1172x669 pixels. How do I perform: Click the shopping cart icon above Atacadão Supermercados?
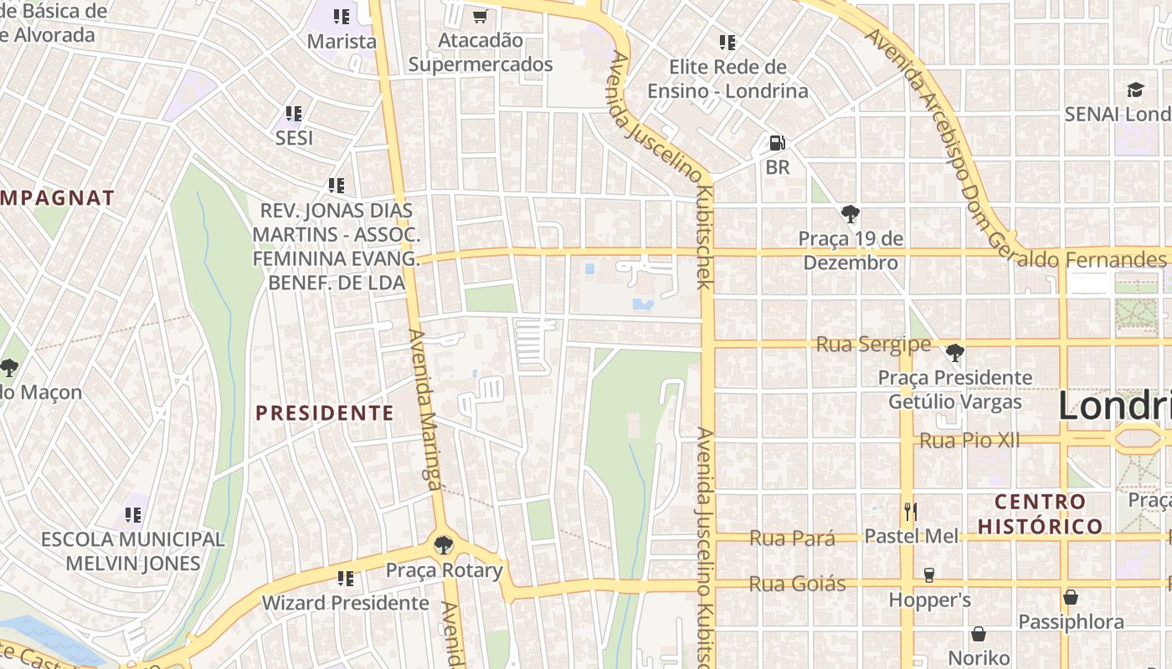(x=480, y=16)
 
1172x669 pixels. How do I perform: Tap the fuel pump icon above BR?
(x=777, y=143)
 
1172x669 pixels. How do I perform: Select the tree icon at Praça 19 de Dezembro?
(x=851, y=214)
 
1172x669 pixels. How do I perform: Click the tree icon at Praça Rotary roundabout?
(x=444, y=546)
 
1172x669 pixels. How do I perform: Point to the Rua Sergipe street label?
(x=873, y=345)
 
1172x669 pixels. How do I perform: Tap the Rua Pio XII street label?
(x=969, y=440)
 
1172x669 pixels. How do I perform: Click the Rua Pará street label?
(x=792, y=538)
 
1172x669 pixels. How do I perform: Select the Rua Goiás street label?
(x=797, y=584)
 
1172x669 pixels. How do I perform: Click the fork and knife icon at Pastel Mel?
(x=911, y=511)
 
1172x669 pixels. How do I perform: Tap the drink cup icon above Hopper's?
(x=928, y=575)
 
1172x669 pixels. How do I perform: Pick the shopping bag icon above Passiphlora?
(x=1070, y=597)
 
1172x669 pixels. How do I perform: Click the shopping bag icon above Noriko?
(x=978, y=634)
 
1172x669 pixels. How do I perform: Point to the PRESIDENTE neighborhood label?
(x=324, y=412)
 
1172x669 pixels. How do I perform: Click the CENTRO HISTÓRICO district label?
(x=1041, y=513)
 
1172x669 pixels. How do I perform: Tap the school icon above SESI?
(x=293, y=113)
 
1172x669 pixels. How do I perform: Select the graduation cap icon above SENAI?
(x=1135, y=89)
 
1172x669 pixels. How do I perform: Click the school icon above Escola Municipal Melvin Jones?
(x=132, y=514)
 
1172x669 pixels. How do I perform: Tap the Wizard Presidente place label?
(x=345, y=603)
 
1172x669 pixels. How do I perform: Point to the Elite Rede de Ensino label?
(x=727, y=79)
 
